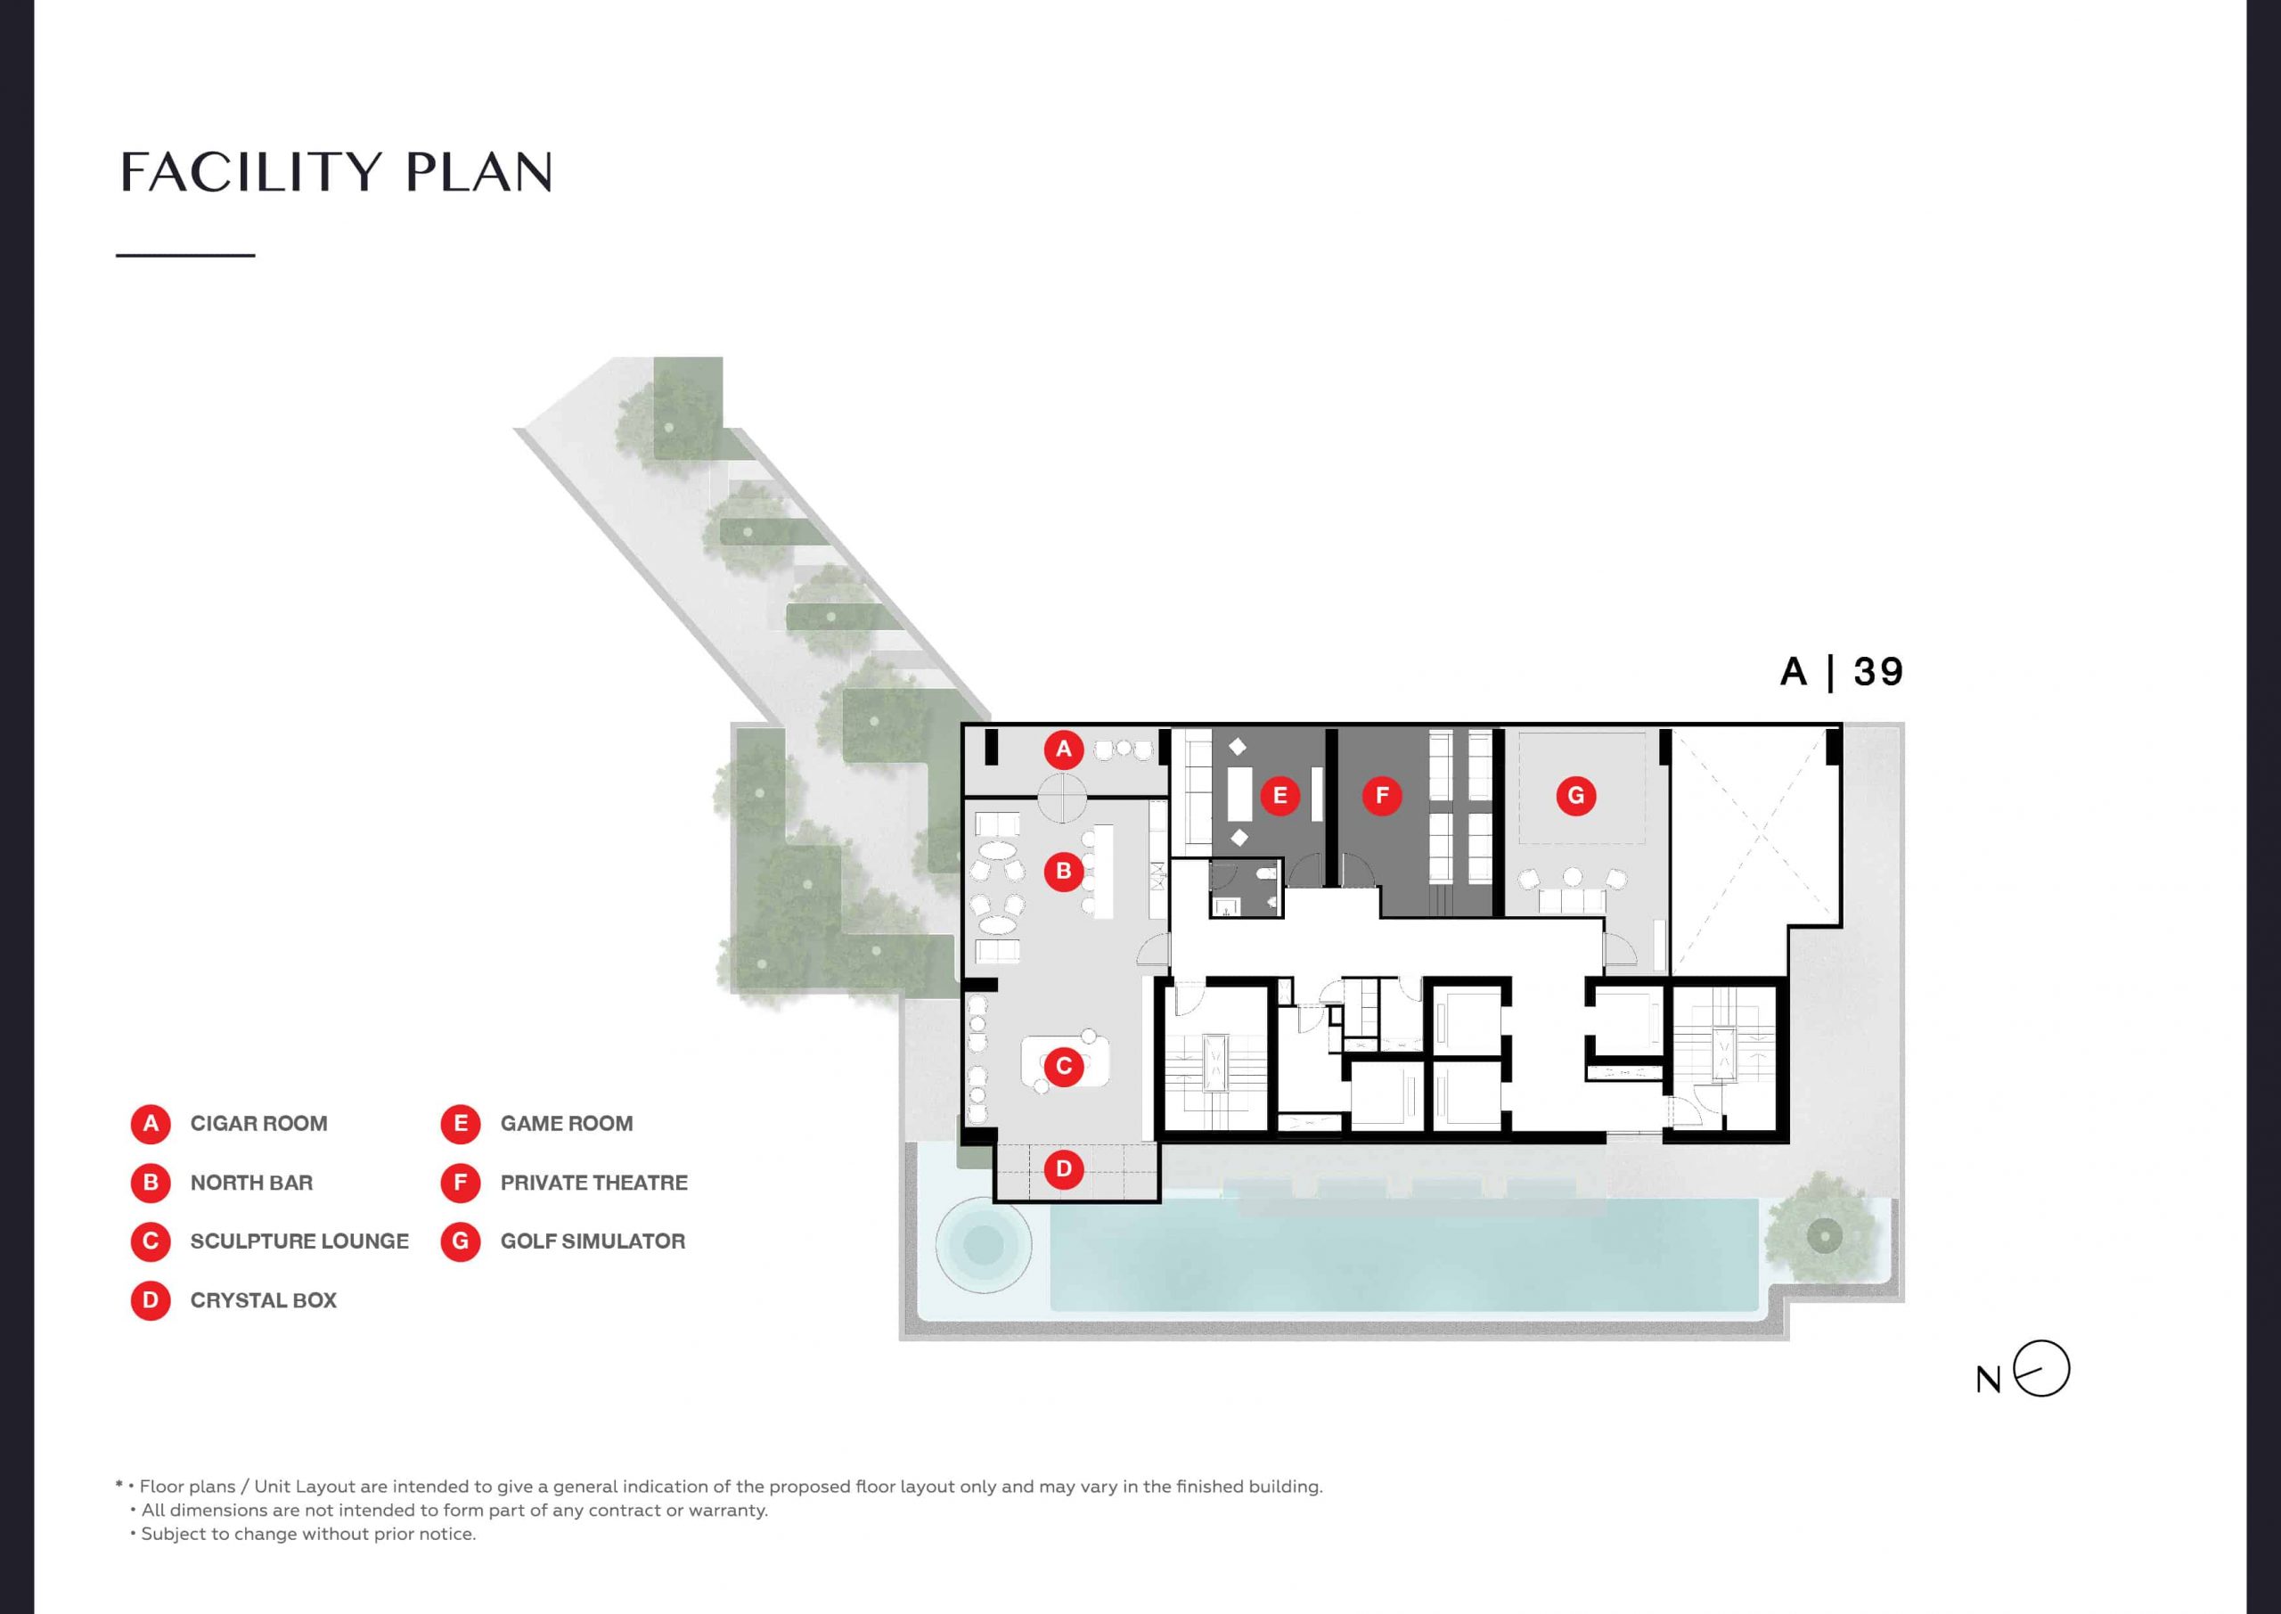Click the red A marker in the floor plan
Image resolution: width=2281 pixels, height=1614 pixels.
pyautogui.click(x=1063, y=749)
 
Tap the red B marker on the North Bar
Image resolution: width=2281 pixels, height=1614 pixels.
pyautogui.click(x=1063, y=872)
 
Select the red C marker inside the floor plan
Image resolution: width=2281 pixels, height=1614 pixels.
pyautogui.click(x=1063, y=1067)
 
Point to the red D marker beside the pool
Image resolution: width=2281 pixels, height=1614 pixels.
pyautogui.click(x=1063, y=1168)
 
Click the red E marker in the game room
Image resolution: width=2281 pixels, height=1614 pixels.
pyautogui.click(x=1279, y=795)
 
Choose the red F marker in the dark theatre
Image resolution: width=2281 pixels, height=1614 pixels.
pyautogui.click(x=1382, y=795)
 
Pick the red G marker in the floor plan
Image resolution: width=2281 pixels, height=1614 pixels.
pyautogui.click(x=1575, y=795)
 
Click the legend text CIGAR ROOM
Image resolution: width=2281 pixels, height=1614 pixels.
pyautogui.click(x=258, y=1124)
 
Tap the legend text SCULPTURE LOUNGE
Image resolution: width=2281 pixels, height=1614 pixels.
pyautogui.click(x=299, y=1241)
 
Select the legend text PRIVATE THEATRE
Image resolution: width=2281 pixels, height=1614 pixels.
pyautogui.click(x=594, y=1183)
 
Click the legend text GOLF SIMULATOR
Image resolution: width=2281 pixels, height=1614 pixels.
pyautogui.click(x=593, y=1241)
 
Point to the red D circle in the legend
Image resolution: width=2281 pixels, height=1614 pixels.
pyautogui.click(x=151, y=1300)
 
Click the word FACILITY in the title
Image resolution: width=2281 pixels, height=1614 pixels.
pyautogui.click(x=251, y=172)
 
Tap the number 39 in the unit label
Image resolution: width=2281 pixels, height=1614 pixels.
pyautogui.click(x=1878, y=673)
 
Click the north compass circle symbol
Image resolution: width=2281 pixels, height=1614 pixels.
pyautogui.click(x=2041, y=1369)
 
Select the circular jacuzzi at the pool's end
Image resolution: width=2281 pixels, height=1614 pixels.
pyautogui.click(x=984, y=1244)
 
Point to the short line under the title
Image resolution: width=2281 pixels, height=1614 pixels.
pyautogui.click(x=186, y=256)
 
